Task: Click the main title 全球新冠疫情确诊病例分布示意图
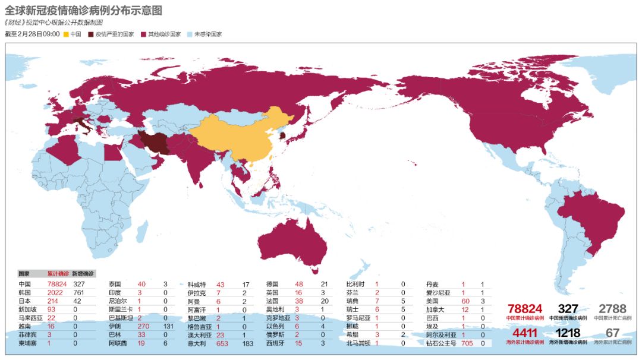83,11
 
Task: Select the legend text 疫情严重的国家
115,34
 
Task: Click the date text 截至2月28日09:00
32,34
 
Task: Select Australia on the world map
291,241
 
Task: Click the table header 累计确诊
58,274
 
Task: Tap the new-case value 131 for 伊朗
168,326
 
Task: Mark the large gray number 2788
612,309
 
